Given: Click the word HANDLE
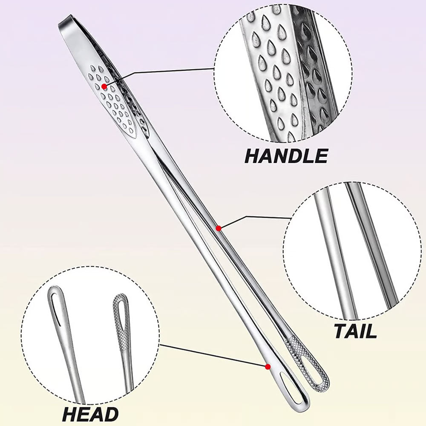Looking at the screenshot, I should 286,156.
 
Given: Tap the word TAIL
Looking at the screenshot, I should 355,331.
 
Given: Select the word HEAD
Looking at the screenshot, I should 90,414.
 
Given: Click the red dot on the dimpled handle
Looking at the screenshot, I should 104,86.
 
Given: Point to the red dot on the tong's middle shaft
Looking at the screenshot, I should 219,228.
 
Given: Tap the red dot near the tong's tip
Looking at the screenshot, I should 268,366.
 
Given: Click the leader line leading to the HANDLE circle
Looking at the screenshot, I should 170,71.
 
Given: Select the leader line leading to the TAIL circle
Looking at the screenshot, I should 256,217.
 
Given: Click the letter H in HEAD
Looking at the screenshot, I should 69,414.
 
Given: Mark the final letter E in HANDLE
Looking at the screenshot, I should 321,156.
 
